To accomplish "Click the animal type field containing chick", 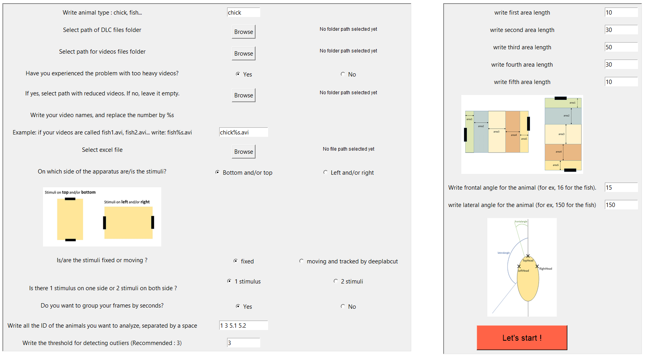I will click(x=243, y=13).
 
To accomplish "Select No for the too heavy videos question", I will click(x=343, y=74).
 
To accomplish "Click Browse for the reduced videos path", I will click(x=243, y=95).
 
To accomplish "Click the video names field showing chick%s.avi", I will click(x=243, y=132).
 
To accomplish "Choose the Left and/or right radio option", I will click(x=325, y=172).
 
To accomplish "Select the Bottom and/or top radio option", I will click(x=217, y=172).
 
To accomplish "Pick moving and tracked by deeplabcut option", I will click(x=301, y=261).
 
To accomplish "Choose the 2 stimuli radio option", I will click(x=336, y=281).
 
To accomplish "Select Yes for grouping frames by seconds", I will click(x=238, y=306).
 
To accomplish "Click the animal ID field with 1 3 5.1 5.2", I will click(x=243, y=326).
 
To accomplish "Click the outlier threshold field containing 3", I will click(x=243, y=343).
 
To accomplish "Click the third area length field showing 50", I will click(x=621, y=47).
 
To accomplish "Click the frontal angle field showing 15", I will click(x=621, y=188).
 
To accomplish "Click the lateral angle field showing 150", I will click(x=621, y=205).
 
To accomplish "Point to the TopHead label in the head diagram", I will click(x=528, y=261).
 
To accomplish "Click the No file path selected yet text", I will click(x=349, y=149).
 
